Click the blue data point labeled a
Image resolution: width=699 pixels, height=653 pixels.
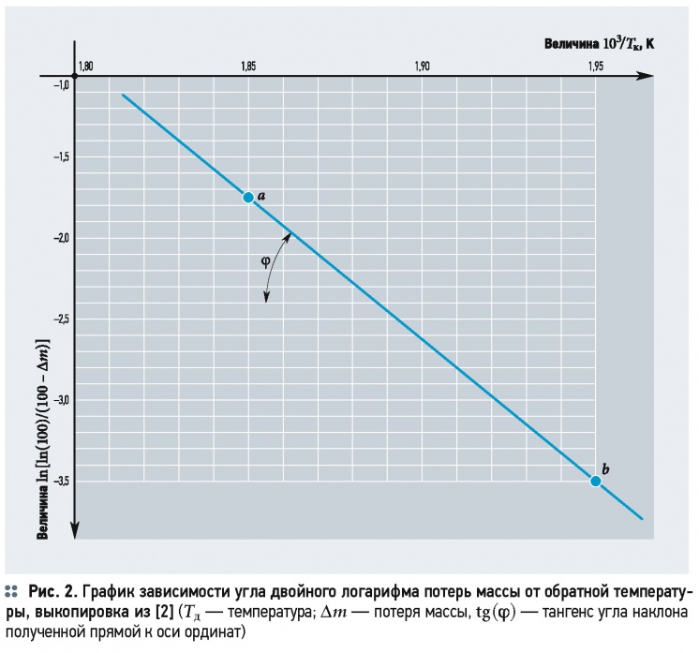point(248,197)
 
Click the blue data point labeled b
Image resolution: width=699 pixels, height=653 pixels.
point(595,481)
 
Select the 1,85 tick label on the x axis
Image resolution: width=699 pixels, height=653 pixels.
point(248,66)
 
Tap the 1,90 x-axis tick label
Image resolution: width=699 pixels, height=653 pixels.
point(422,66)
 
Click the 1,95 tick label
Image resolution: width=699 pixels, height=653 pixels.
point(595,66)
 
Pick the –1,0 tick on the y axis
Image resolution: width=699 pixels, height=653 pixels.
point(60,85)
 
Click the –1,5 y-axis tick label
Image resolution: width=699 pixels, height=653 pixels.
point(60,157)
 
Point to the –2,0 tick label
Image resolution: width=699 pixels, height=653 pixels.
point(60,238)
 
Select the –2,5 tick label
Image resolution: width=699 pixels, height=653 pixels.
point(60,319)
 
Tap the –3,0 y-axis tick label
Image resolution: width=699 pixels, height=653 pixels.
point(60,400)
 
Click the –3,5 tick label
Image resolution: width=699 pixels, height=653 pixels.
point(60,481)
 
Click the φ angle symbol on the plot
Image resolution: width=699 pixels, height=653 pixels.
point(264,264)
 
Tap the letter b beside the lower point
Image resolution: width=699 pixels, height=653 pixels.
point(606,467)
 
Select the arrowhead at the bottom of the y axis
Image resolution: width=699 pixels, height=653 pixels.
point(76,534)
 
